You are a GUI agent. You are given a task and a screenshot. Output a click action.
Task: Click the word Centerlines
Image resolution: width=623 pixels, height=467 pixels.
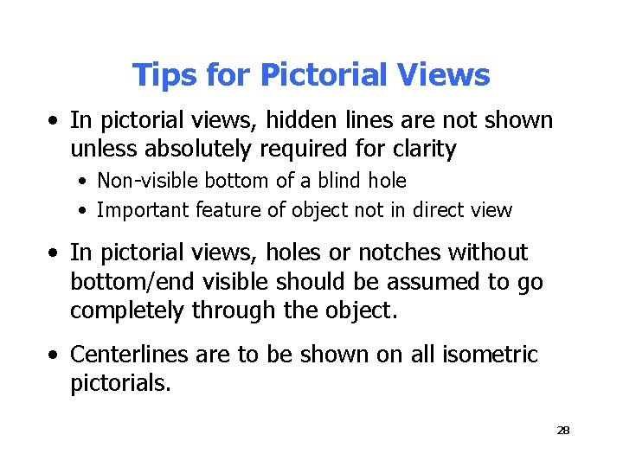[x=124, y=355]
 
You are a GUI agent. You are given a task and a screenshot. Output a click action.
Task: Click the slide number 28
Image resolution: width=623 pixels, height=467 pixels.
[x=563, y=430]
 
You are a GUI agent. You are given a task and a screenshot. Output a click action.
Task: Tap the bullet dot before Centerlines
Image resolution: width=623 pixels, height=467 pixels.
[x=55, y=355]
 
